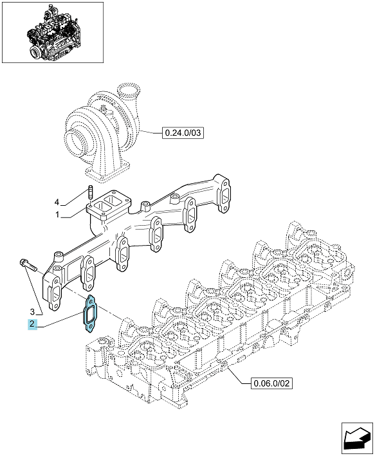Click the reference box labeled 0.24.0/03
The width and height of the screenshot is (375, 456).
pyautogui.click(x=183, y=133)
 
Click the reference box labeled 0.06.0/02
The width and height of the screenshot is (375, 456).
pyautogui.click(x=271, y=383)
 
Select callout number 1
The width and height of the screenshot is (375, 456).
pyautogui.click(x=57, y=215)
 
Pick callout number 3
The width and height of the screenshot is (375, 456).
pyautogui.click(x=32, y=312)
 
